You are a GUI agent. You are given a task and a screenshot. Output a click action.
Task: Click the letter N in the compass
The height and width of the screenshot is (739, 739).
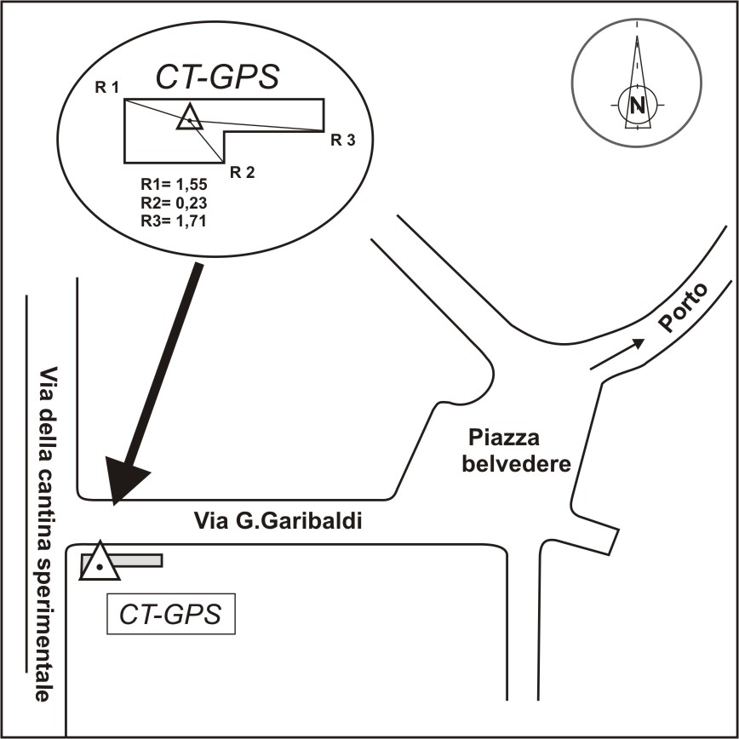click(x=637, y=105)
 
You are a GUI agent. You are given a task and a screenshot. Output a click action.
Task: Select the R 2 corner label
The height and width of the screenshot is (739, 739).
click(x=242, y=172)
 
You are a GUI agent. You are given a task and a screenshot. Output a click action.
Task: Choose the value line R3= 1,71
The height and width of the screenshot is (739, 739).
click(x=174, y=221)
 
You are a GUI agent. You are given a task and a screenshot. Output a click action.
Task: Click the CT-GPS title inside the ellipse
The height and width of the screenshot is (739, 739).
click(x=217, y=77)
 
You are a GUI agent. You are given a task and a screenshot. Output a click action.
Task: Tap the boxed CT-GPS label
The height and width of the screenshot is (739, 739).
click(x=170, y=615)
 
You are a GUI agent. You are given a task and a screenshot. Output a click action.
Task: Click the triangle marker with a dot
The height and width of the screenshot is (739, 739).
click(x=100, y=563)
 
